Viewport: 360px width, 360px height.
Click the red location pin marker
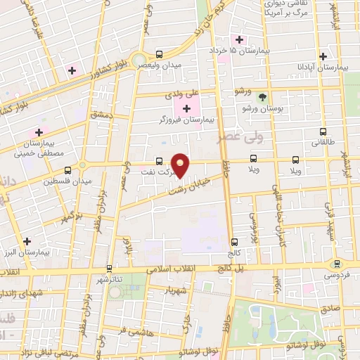click(x=181, y=165)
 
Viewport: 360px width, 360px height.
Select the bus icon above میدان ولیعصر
click(x=160, y=53)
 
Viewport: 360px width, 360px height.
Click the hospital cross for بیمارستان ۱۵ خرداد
click(x=240, y=39)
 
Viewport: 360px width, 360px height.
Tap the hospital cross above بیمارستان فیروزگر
click(x=186, y=108)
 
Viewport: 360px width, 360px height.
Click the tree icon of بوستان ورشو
click(x=263, y=97)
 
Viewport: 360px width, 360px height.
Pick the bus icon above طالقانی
click(x=323, y=131)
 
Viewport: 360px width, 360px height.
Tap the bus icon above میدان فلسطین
click(x=67, y=170)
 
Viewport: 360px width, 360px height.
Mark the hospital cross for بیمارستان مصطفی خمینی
click(x=39, y=131)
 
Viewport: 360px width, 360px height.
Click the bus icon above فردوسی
click(x=337, y=264)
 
